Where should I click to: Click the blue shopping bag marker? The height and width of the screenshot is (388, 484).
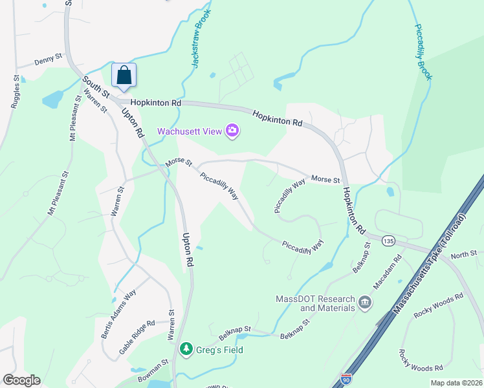123,75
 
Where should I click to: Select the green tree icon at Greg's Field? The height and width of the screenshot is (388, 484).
186,350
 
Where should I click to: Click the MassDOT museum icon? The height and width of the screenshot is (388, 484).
364,302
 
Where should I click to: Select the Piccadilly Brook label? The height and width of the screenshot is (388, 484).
423,52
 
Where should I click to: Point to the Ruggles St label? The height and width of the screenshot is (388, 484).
16,94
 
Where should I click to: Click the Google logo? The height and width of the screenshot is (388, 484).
21,380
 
